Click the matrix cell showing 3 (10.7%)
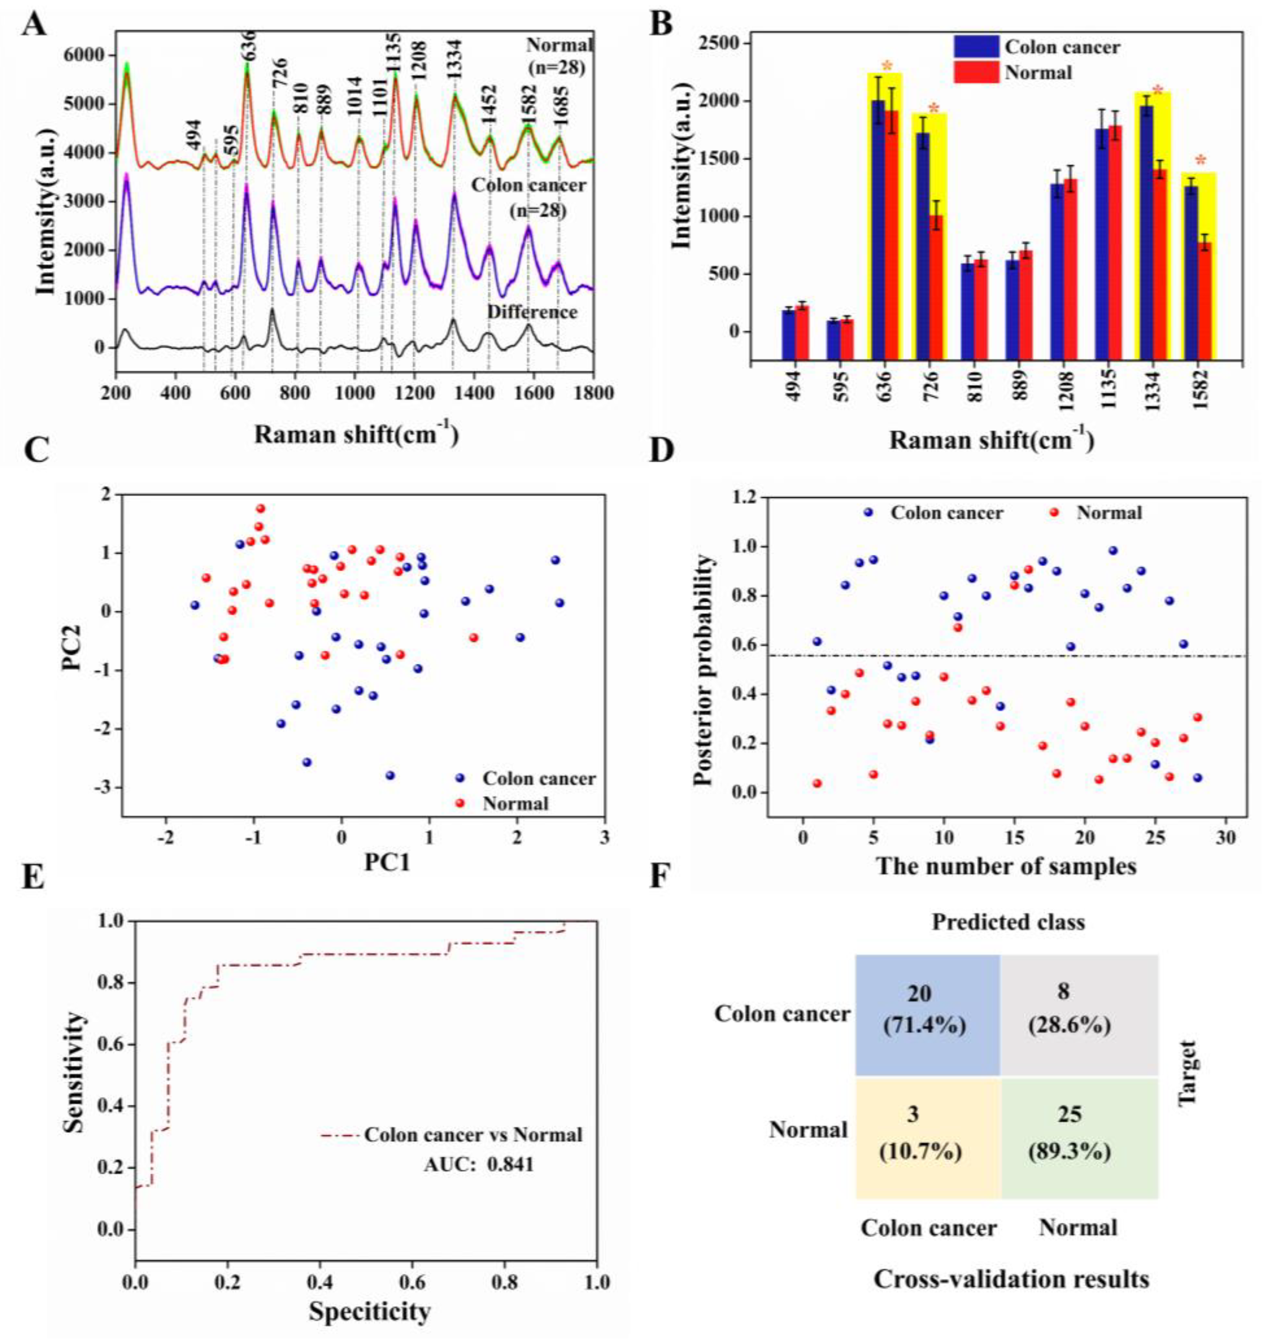927,1133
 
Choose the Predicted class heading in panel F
1007,922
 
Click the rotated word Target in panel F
1188,1073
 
